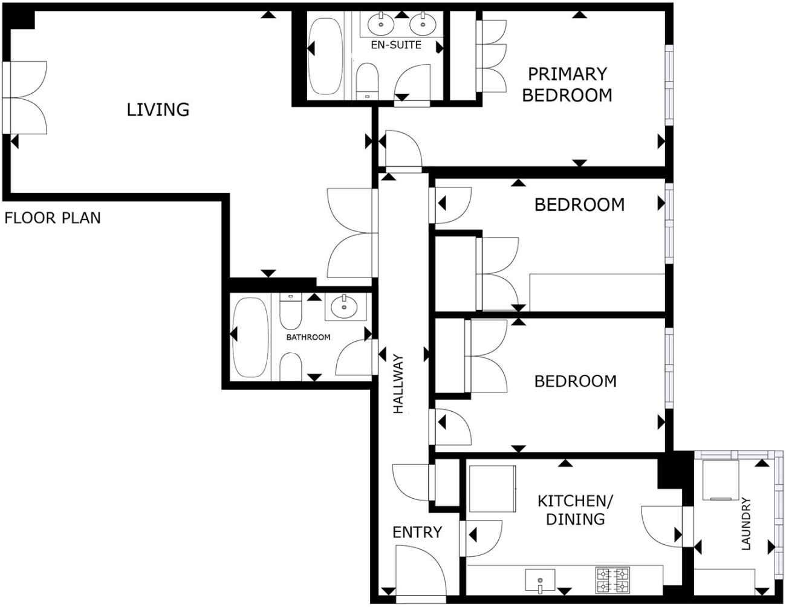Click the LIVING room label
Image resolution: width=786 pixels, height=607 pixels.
158,109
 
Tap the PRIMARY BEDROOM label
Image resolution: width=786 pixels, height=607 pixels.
567,85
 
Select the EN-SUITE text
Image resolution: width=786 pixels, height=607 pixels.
396,45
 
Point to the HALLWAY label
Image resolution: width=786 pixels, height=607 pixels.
398,384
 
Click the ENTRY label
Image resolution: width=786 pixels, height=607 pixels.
417,533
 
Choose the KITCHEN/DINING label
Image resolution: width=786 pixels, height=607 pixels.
575,510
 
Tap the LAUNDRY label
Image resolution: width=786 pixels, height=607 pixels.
746,524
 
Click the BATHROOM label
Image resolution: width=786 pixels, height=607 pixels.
308,337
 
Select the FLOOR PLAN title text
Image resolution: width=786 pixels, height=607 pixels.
53,218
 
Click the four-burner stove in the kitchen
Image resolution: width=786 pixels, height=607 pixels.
612,580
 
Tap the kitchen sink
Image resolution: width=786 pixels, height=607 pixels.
540,580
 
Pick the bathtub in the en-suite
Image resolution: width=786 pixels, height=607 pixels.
325,56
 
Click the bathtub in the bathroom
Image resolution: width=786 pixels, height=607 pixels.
250,337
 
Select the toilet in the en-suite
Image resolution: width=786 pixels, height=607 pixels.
367,81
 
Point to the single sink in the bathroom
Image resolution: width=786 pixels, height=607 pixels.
344,306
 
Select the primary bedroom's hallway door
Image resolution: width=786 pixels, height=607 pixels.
403,150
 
